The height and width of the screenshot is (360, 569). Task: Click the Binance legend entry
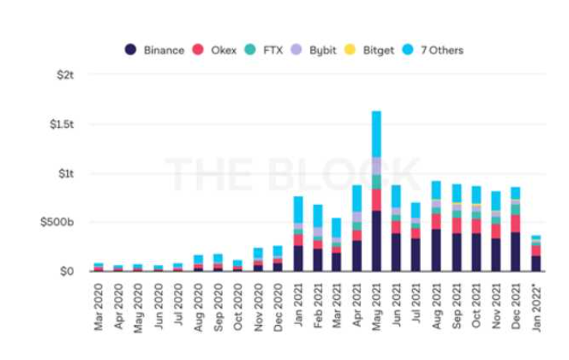click(x=155, y=50)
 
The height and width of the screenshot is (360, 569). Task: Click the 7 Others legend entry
click(x=436, y=50)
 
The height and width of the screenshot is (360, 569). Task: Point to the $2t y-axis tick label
click(x=64, y=75)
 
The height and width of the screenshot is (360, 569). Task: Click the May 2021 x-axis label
click(x=376, y=304)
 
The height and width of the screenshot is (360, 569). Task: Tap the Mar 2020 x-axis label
click(x=99, y=304)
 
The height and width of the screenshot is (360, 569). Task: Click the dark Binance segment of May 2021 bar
click(x=376, y=241)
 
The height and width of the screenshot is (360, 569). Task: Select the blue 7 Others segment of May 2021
click(x=376, y=134)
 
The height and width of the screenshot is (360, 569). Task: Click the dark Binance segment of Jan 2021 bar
click(x=298, y=258)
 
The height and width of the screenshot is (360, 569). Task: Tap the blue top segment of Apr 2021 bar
click(x=356, y=198)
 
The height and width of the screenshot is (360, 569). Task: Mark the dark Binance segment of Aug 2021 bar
click(x=436, y=249)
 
